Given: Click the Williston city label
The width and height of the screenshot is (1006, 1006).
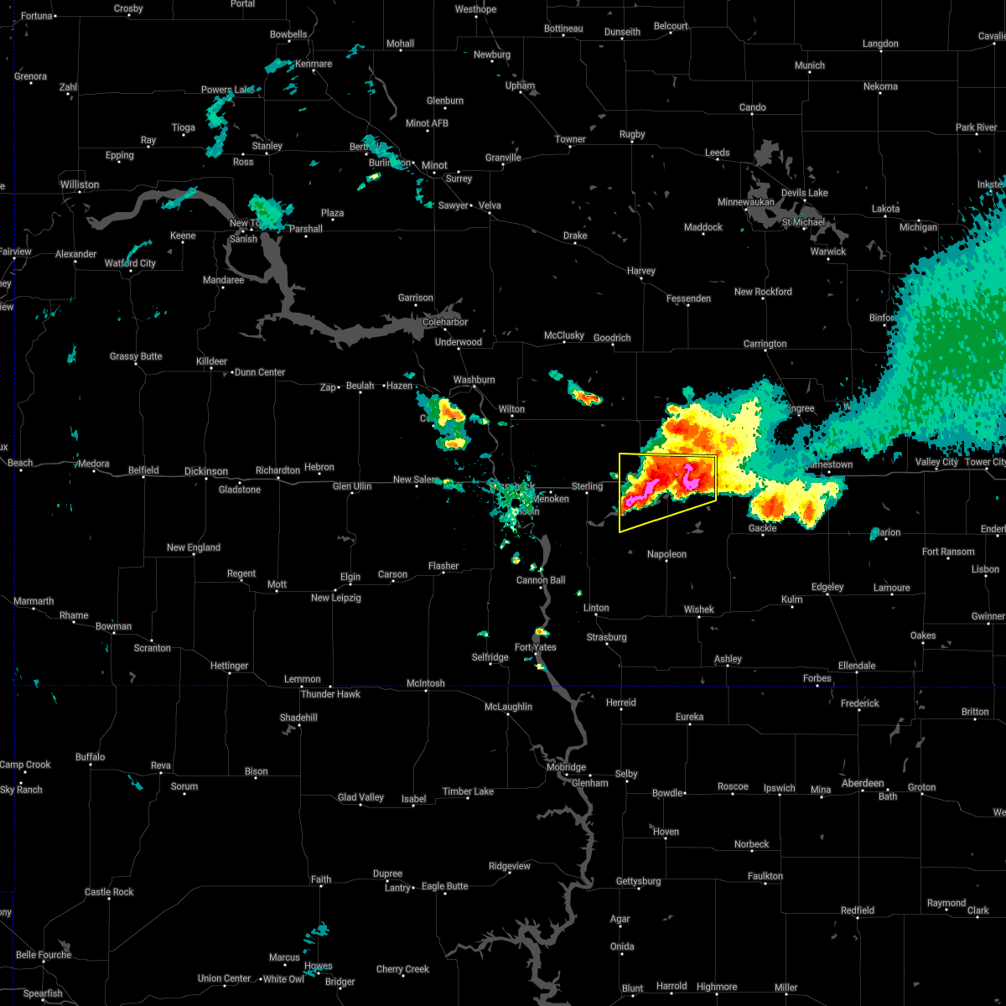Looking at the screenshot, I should point(79,184).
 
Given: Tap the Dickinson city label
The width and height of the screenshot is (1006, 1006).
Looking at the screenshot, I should point(205,471).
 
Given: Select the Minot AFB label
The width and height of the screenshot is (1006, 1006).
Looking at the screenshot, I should point(427,123).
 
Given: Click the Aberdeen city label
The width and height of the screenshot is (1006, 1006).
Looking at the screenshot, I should point(863,783).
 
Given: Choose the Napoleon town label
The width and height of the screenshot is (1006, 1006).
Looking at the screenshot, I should point(666,554).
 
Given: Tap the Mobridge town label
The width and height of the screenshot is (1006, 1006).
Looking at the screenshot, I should point(566,767).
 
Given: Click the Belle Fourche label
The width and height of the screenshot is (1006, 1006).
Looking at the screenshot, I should point(43,955).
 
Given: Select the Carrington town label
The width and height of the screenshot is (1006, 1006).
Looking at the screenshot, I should point(765,344).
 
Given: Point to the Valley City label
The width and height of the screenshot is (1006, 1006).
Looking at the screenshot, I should point(936,463).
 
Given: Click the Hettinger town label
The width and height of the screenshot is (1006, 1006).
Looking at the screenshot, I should point(229,666).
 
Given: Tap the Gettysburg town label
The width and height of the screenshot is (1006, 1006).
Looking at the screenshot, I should point(639,881).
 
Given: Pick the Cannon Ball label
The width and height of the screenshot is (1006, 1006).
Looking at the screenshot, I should point(541,580).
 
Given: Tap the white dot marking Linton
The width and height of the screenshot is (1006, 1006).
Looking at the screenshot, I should point(596,616).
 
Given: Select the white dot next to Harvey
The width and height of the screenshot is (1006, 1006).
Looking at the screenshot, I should point(641,280).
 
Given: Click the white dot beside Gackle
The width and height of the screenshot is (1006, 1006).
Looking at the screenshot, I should point(763,520).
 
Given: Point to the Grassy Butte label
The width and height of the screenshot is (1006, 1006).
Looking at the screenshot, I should point(136,356).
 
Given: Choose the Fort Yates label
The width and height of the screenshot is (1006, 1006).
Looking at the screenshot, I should point(535,647).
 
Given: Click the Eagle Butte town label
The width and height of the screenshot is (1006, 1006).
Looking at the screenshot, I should point(444,886).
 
